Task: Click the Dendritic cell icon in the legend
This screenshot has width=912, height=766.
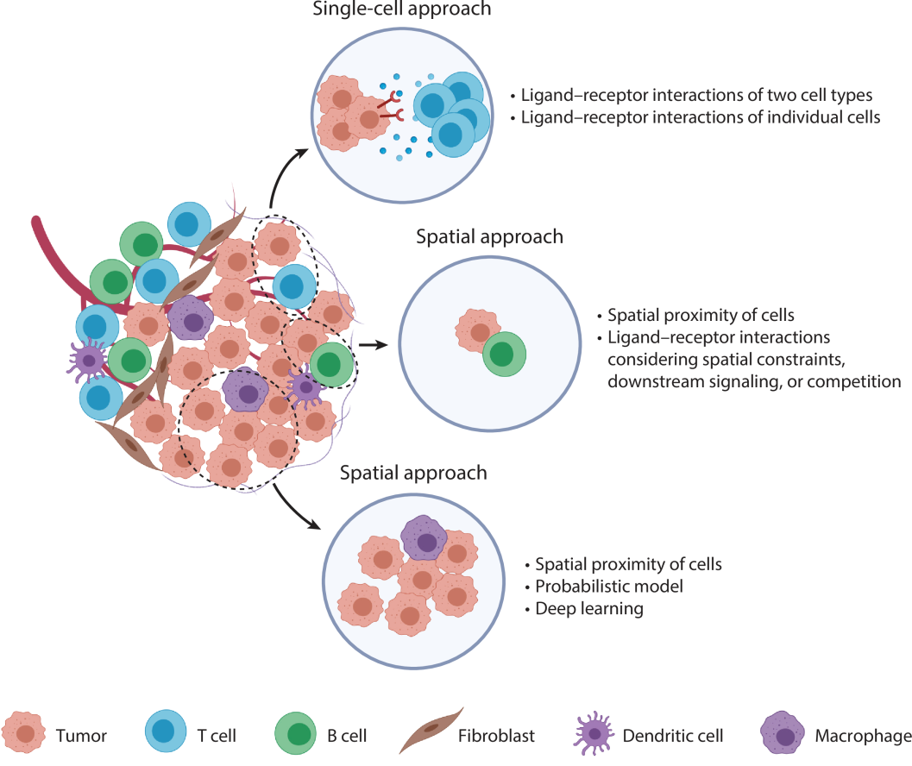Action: click(594, 734)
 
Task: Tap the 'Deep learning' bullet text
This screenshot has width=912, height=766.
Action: click(588, 609)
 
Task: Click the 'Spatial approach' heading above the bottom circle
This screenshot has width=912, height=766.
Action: click(413, 473)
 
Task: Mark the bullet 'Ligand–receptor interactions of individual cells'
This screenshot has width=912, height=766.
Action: click(701, 117)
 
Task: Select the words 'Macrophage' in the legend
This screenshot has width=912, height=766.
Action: click(863, 736)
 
